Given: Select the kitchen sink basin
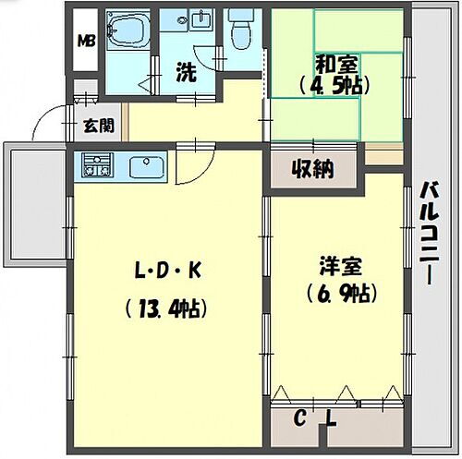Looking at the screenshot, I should [147, 167].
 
